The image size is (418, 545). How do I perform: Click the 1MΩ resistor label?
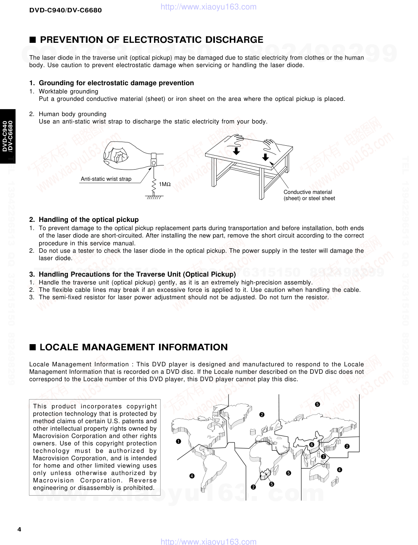(165, 184)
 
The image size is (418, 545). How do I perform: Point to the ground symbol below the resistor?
(154, 198)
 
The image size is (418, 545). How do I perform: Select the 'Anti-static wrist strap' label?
(106, 179)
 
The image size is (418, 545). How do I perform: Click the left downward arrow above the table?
(236, 151)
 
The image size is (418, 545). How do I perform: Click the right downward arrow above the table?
(265, 156)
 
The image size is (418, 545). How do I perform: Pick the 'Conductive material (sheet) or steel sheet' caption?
(309, 195)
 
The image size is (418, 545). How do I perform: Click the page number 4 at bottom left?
(19, 529)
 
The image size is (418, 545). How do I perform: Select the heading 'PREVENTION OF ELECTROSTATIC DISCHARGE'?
(151, 40)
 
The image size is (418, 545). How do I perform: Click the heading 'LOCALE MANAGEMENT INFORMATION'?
(133, 347)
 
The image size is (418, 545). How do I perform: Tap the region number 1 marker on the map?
(178, 442)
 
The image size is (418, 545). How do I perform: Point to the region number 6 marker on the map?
(311, 445)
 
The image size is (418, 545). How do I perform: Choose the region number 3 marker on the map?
(323, 457)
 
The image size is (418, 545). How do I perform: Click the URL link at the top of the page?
(208, 7)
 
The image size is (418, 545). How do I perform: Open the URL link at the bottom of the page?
(208, 542)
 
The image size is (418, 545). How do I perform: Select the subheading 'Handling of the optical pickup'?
(89, 220)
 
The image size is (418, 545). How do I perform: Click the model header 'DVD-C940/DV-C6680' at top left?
(65, 10)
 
